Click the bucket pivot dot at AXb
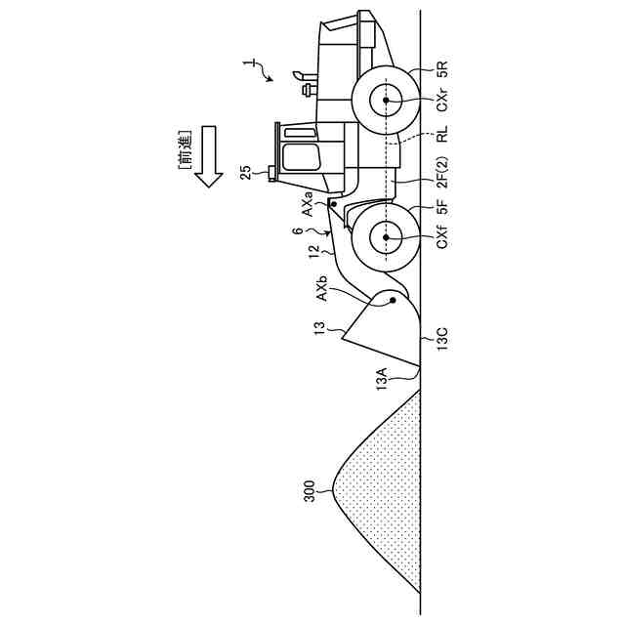pos(393,302)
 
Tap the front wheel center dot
pos(387,236)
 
